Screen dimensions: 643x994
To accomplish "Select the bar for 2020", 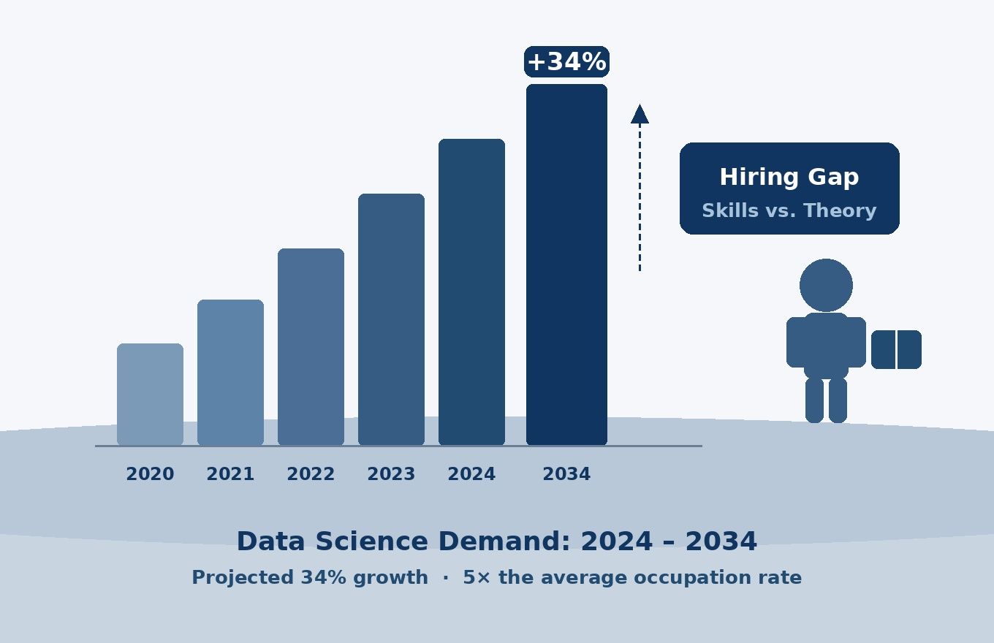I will [x=150, y=394].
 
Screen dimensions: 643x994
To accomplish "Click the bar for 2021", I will [x=230, y=372].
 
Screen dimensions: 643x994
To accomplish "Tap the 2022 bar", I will [x=311, y=346].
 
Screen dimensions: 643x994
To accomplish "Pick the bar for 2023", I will [x=391, y=319].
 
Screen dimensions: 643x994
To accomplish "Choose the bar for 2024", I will [x=471, y=292].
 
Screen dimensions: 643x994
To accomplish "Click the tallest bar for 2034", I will [x=566, y=264].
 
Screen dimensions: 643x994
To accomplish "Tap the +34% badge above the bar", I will [x=566, y=62].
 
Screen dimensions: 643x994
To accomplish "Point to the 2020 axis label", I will [x=150, y=474].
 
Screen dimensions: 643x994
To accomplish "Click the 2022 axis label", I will [x=311, y=474].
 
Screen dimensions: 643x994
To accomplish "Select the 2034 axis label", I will [x=566, y=474].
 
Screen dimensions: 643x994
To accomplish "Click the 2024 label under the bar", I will [x=471, y=474].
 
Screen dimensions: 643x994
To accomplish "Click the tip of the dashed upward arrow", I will [x=640, y=110].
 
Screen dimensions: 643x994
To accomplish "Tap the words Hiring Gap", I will [x=789, y=178].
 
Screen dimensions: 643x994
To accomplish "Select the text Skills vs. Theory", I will [x=789, y=211].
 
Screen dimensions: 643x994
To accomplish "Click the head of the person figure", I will [x=826, y=285].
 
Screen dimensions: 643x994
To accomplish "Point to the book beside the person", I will [x=896, y=349].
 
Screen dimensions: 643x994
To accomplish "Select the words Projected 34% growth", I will [x=309, y=578].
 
